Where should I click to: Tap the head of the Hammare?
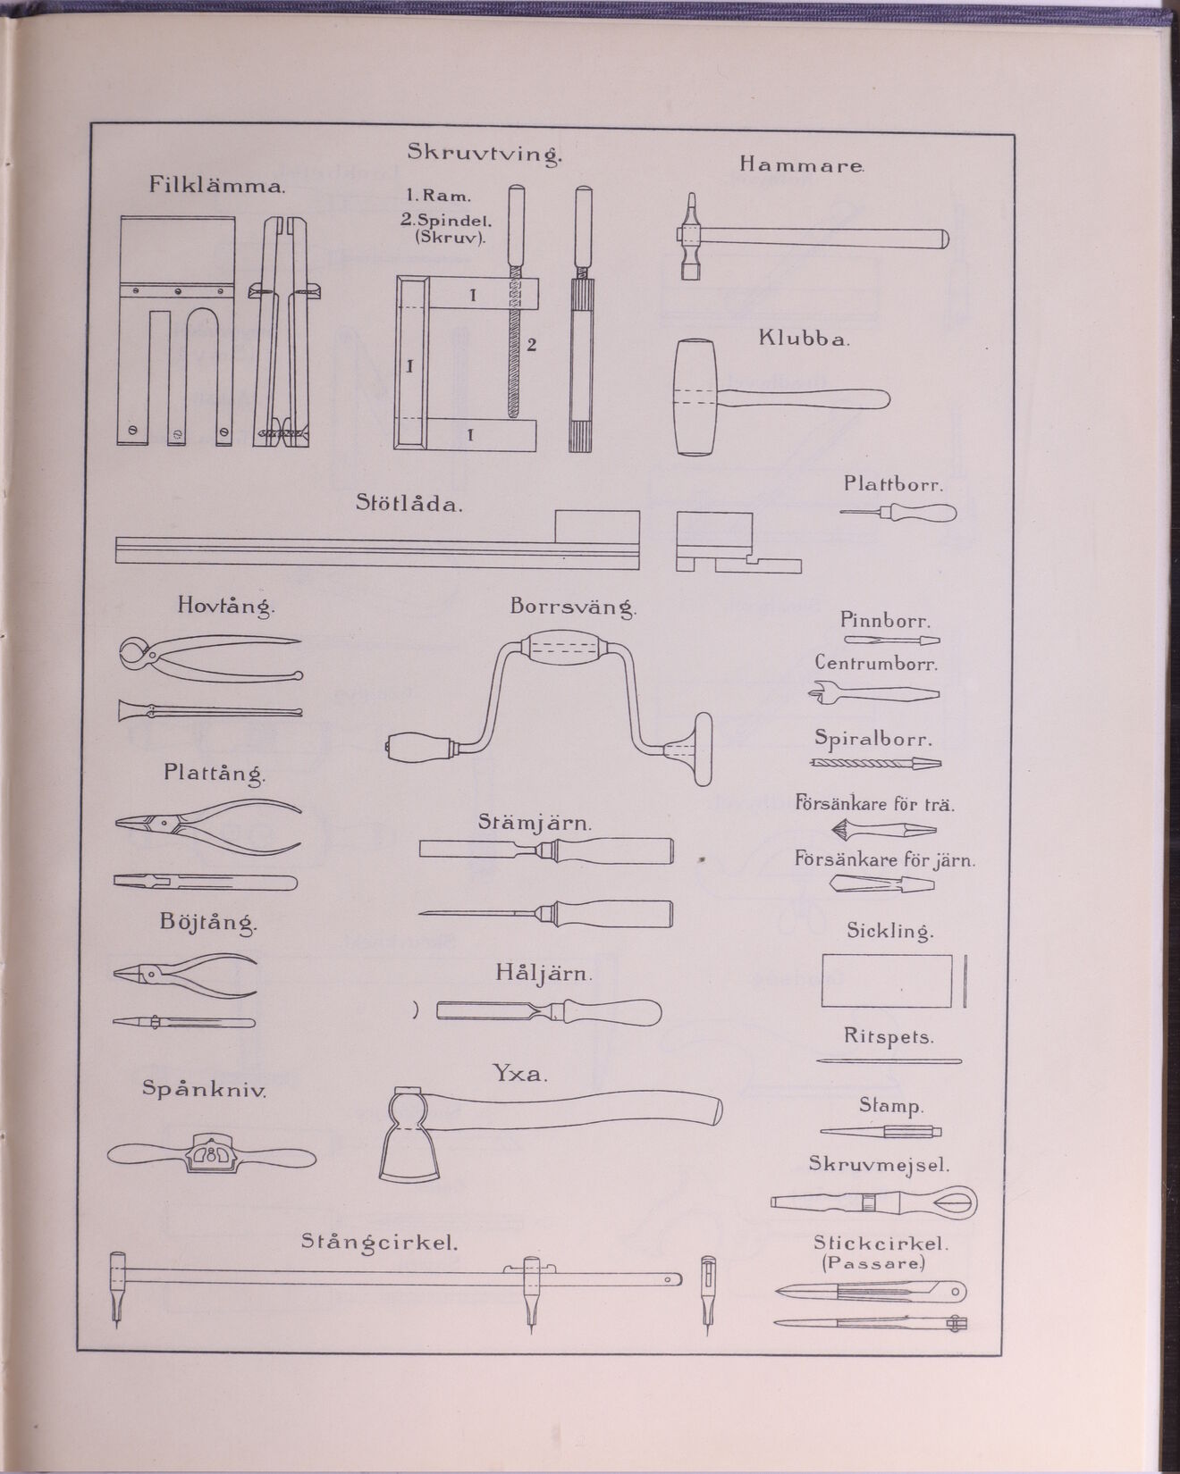pos(689,238)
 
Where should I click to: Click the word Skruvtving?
pos(485,154)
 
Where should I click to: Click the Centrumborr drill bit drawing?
pos(874,694)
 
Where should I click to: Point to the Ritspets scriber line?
pos(889,1061)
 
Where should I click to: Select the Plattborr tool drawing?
pos(898,513)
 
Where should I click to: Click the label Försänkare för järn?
pos(885,861)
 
